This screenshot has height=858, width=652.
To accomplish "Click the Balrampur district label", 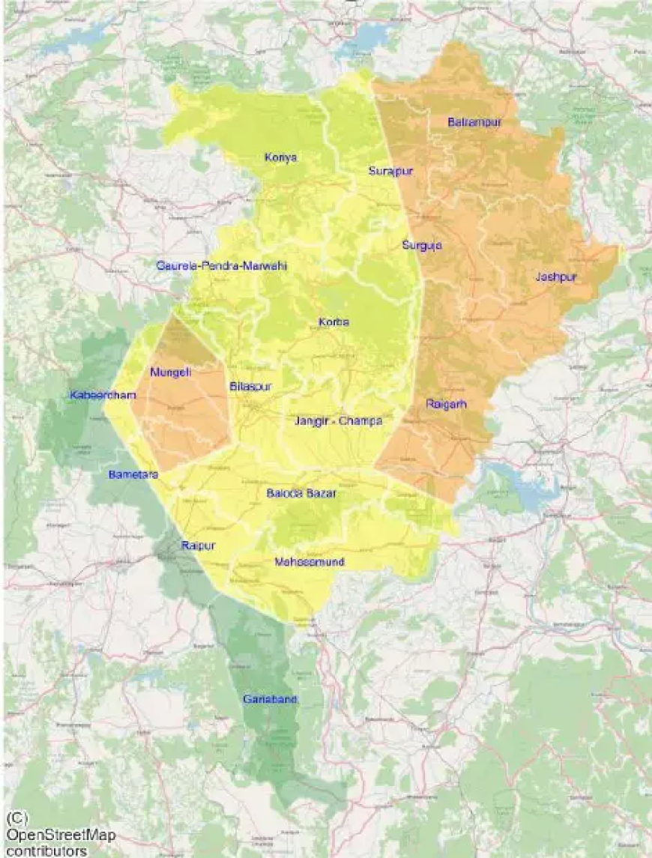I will point(474,121).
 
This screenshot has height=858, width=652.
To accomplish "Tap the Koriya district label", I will point(281,157).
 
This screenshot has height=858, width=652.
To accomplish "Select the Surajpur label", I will point(390,171).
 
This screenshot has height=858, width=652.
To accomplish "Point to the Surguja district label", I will point(422,245).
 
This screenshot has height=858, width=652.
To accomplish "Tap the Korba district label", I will point(334,322).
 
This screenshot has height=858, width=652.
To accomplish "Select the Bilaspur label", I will point(250,387).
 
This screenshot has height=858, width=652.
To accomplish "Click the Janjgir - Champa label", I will point(339,421).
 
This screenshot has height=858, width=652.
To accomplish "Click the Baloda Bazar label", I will point(301,494).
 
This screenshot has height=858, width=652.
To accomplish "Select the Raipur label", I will point(198,546).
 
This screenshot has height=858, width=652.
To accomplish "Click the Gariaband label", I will point(271,699).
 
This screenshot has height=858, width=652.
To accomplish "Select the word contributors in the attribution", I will point(45,851).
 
